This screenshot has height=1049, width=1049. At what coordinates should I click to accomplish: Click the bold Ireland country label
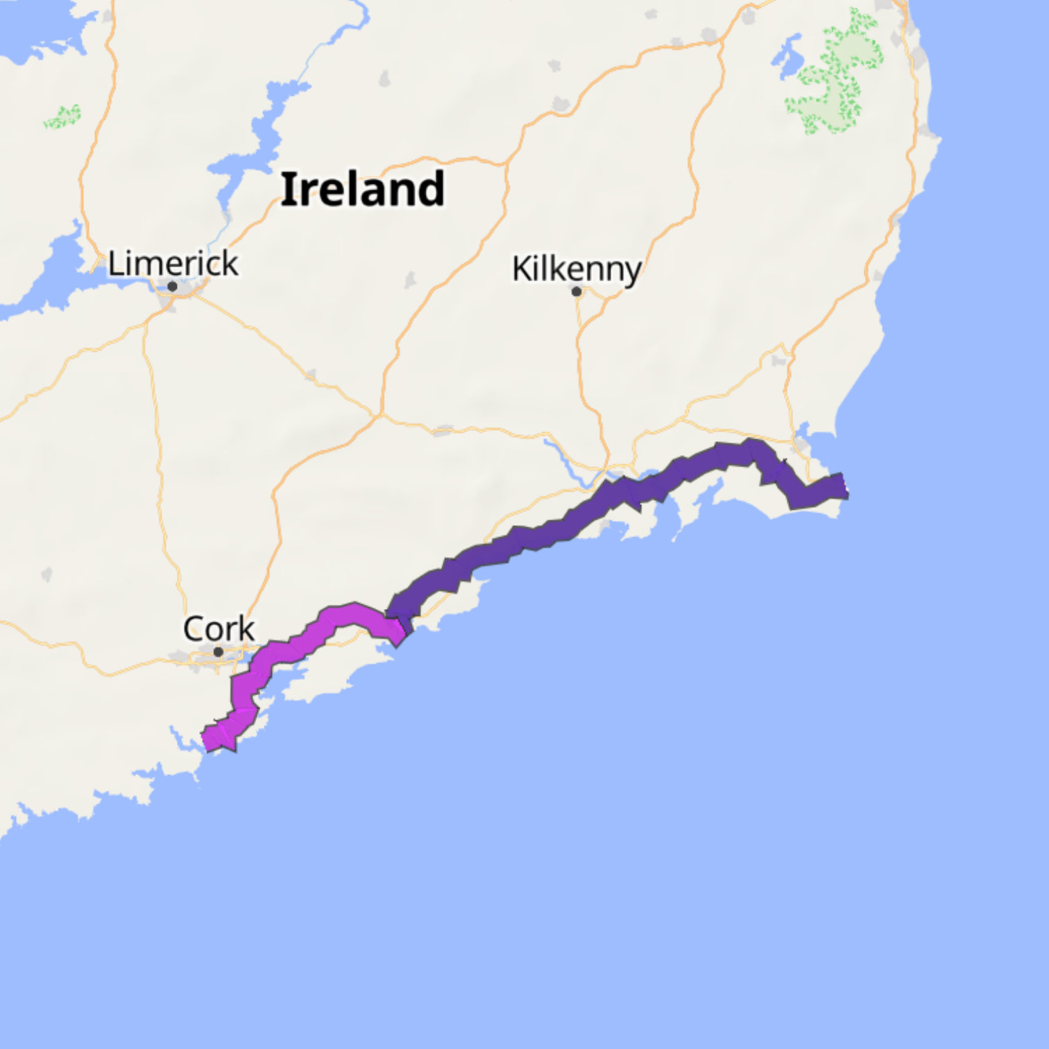[x=362, y=189]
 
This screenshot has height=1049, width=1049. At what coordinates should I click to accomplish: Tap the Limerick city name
[x=173, y=264]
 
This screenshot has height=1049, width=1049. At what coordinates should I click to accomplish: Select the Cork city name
[x=219, y=629]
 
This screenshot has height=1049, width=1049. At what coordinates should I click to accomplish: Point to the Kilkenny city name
[x=576, y=269]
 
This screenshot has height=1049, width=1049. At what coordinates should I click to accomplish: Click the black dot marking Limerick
[x=172, y=287]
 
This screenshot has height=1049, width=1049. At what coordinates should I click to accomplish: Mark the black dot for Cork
[x=218, y=652]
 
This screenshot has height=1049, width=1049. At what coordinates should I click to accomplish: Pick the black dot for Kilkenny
[x=577, y=291]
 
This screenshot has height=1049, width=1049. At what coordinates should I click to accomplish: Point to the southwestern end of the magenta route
[x=208, y=740]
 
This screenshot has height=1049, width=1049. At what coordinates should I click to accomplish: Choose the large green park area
[x=836, y=76]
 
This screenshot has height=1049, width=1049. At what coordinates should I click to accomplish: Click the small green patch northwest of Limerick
[x=62, y=117]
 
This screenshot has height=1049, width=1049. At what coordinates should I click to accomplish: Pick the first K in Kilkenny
[x=520, y=269]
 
